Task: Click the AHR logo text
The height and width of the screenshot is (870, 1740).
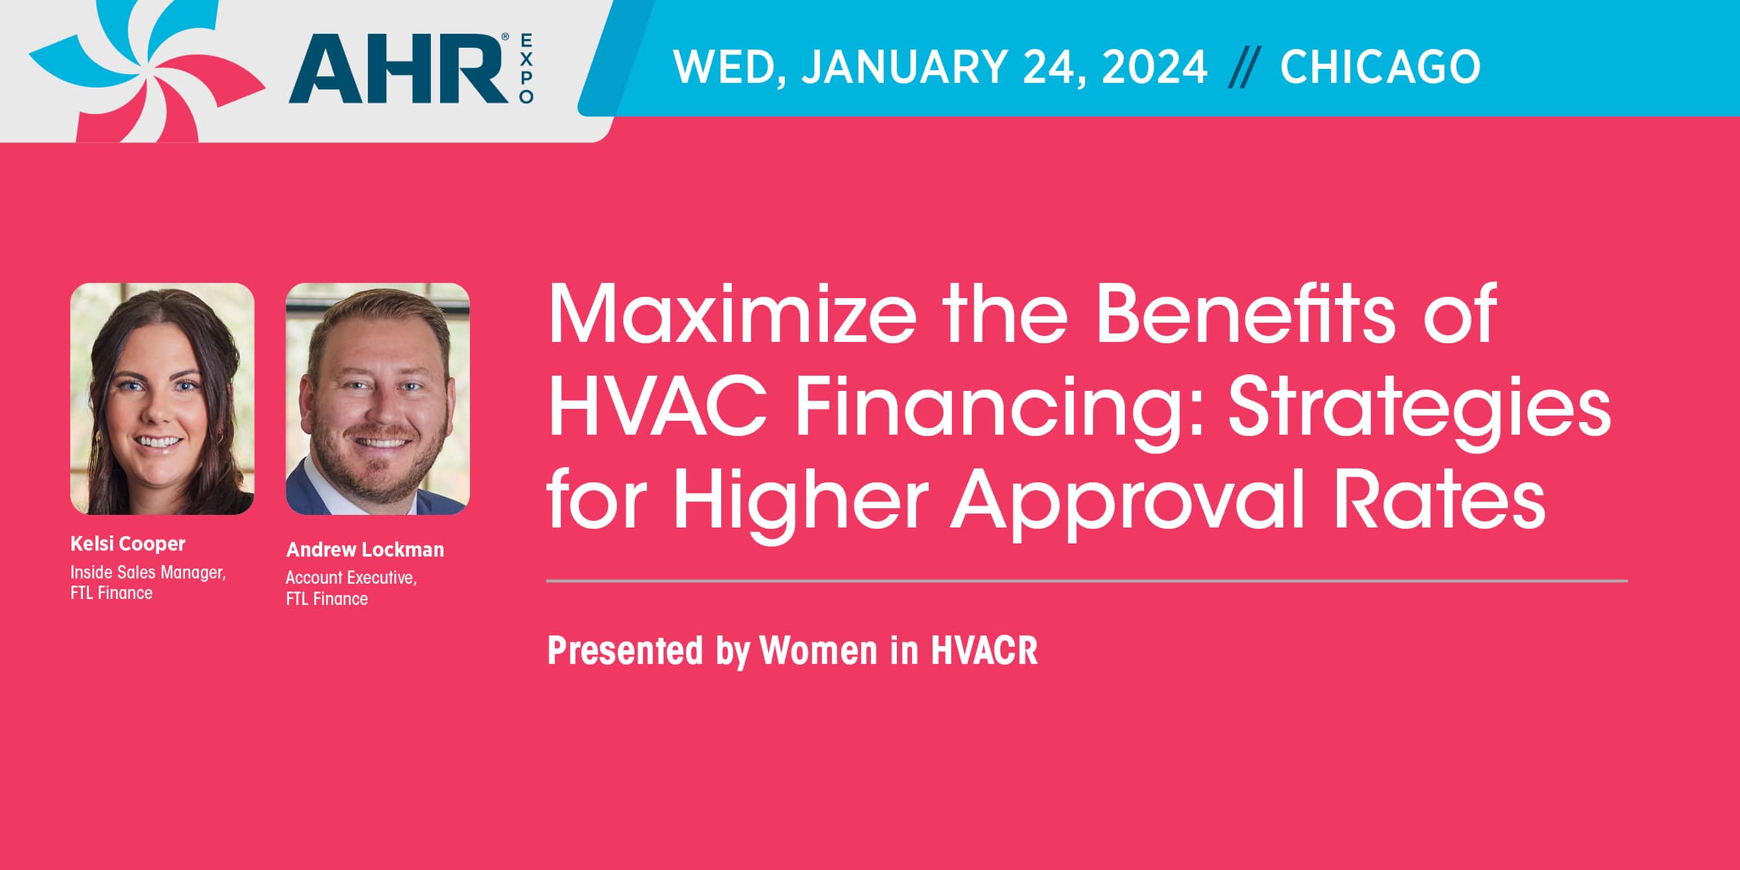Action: pyautogui.click(x=398, y=69)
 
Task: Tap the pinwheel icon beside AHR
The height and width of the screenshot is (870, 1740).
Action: pyautogui.click(x=147, y=70)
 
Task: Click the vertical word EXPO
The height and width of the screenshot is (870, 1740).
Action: pyautogui.click(x=526, y=68)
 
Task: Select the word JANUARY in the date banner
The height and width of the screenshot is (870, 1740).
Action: pyautogui.click(x=904, y=67)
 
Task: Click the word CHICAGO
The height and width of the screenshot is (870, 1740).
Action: pyautogui.click(x=1380, y=67)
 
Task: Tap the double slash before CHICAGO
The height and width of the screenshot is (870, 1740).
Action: pyautogui.click(x=1244, y=68)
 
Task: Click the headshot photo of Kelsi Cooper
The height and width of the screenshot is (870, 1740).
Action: pyautogui.click(x=162, y=398)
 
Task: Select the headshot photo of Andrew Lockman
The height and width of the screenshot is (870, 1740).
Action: pyautogui.click(x=378, y=398)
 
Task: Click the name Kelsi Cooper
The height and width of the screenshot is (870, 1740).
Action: pyautogui.click(x=128, y=544)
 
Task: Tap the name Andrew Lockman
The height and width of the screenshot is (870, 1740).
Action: pyautogui.click(x=365, y=549)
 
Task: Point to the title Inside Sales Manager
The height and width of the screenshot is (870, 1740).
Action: pyautogui.click(x=148, y=572)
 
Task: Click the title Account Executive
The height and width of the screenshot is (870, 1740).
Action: pyautogui.click(x=351, y=578)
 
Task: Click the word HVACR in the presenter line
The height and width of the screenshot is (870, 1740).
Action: pyautogui.click(x=985, y=651)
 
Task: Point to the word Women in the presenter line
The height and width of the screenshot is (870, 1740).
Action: pyautogui.click(x=819, y=651)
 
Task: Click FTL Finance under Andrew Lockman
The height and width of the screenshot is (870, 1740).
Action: pyautogui.click(x=327, y=599)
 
